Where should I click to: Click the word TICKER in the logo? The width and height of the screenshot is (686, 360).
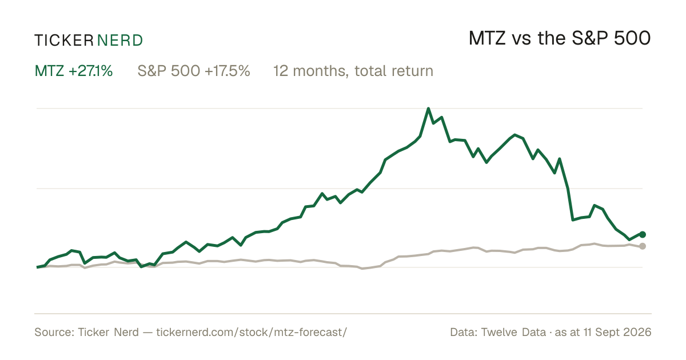click(64, 41)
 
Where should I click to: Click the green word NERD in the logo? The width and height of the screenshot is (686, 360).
click(119, 41)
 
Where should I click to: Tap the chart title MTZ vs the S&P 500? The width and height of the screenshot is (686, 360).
click(560, 38)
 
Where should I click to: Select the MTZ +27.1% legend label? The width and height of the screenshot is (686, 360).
click(74, 71)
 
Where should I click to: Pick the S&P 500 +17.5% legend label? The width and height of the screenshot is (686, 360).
click(194, 71)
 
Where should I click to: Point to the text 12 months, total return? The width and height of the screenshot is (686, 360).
click(353, 71)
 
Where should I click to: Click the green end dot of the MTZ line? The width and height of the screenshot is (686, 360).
click(643, 234)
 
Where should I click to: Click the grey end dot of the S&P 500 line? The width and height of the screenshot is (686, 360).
click(643, 246)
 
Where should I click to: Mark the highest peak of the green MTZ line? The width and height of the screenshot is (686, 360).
click(428, 109)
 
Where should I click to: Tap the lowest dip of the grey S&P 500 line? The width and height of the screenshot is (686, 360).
click(362, 269)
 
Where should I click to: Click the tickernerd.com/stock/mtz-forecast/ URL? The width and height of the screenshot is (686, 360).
click(252, 332)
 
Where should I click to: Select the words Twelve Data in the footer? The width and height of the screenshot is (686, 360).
click(513, 332)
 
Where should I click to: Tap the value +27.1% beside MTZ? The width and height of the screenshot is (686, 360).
click(91, 71)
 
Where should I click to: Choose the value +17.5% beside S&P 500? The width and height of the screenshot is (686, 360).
click(228, 71)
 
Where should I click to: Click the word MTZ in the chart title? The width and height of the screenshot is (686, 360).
click(487, 38)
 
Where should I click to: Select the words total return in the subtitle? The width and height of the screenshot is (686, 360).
click(394, 71)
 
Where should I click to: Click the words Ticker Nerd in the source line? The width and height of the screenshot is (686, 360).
click(108, 332)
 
